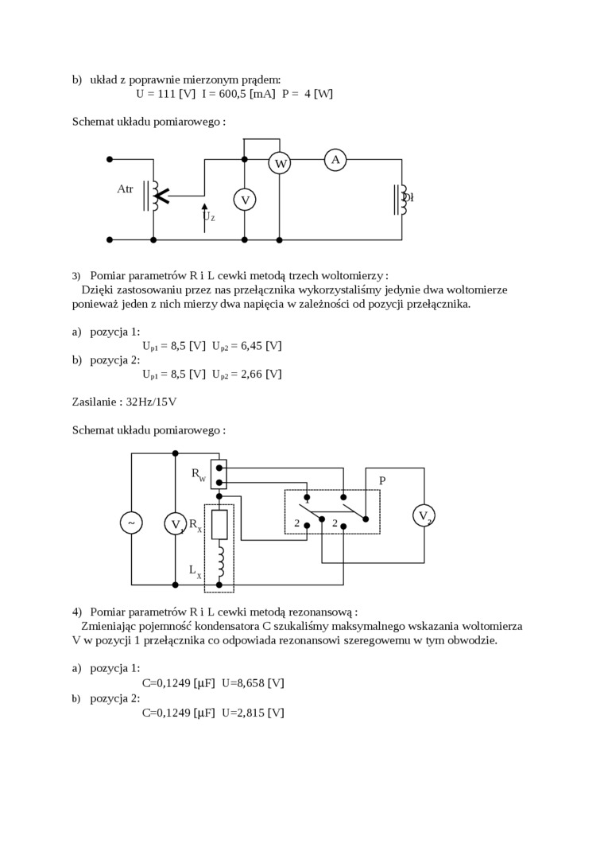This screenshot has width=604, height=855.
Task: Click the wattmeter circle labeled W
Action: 280,164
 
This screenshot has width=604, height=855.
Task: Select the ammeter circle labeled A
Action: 335,160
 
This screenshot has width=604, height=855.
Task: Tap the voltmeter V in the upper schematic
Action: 245,200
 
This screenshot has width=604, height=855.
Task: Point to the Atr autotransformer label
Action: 125,189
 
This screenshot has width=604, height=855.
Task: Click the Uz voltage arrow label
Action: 208,216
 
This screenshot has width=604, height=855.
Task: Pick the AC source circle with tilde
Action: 131,523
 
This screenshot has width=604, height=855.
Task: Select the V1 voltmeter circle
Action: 175,523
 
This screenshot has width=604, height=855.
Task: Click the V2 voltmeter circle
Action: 424,515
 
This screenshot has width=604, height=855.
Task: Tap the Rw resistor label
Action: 198,475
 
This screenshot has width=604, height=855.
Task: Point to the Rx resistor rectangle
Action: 219,524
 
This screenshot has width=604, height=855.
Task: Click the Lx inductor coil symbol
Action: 220,563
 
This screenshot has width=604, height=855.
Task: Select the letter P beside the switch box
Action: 382,481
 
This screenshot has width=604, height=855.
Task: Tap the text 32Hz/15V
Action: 151,402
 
